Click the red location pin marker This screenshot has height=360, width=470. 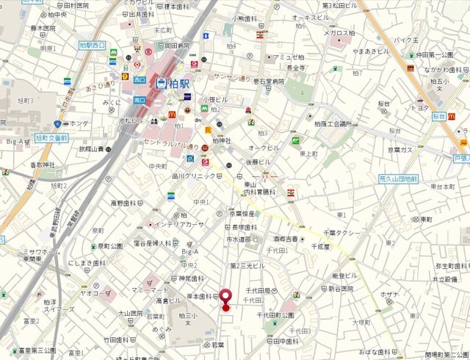tap(225, 298)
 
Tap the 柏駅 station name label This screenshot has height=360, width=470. tap(176, 83)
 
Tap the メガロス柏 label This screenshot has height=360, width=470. tap(340, 32)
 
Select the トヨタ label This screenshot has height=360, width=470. tap(419, 108)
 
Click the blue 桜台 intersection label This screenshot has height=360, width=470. tap(439, 117)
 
